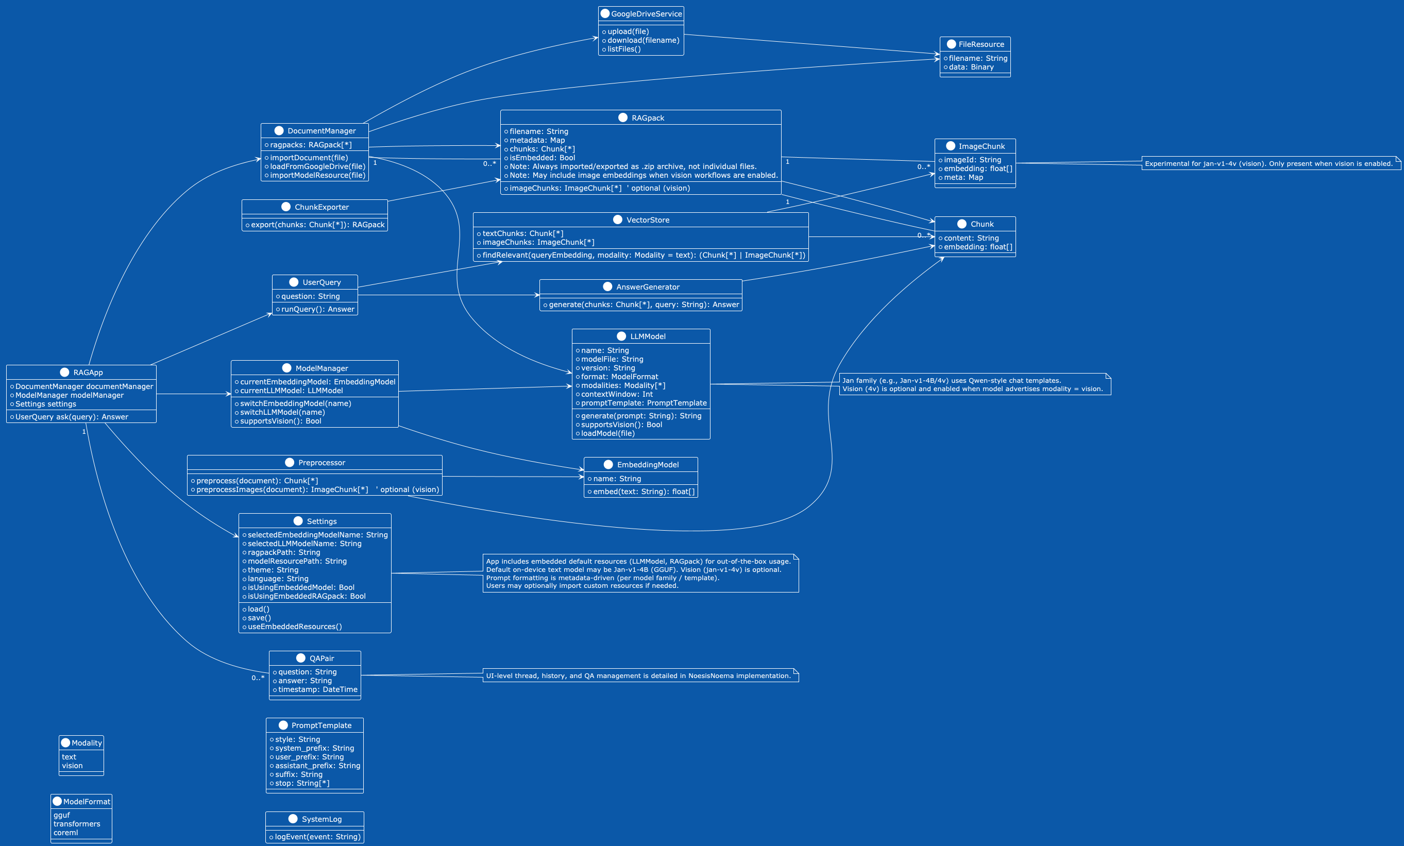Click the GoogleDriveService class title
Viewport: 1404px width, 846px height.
tap(646, 14)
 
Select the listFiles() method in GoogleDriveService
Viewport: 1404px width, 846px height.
tap(624, 49)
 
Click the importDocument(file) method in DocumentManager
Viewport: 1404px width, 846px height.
tap(308, 158)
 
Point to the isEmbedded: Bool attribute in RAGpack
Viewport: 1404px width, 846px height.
tap(542, 158)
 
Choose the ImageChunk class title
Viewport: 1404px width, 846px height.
tap(981, 146)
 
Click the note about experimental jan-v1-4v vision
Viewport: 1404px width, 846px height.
tap(1268, 163)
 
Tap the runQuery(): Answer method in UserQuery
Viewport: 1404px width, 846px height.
tap(317, 309)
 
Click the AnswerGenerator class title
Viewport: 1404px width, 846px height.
tap(647, 287)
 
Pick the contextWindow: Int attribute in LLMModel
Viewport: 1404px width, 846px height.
tap(617, 394)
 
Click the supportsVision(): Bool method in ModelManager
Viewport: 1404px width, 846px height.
tap(280, 421)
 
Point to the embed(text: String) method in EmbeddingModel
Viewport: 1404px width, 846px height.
tap(644, 492)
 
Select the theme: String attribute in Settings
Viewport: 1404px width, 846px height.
tap(273, 570)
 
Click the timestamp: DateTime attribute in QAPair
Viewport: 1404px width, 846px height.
tap(317, 689)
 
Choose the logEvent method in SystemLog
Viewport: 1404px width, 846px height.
tap(317, 837)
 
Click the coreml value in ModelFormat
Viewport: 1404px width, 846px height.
tap(66, 833)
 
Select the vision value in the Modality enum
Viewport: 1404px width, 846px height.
tap(72, 766)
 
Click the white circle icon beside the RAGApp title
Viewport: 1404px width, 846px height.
tap(64, 373)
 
